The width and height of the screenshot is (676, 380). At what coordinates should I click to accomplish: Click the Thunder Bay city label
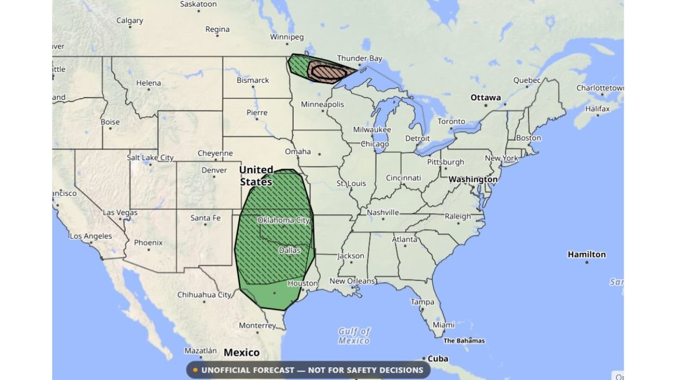[x=359, y=58]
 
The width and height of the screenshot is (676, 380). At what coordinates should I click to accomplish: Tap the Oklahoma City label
[x=284, y=220]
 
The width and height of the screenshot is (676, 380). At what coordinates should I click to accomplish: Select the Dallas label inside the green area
[x=289, y=250]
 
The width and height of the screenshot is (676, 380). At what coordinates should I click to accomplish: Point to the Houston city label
[x=303, y=283]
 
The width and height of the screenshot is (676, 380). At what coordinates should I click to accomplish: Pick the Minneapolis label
[x=322, y=104]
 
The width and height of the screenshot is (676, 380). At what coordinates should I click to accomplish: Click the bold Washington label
[x=473, y=179]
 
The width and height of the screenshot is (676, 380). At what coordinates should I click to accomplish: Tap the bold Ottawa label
[x=485, y=98]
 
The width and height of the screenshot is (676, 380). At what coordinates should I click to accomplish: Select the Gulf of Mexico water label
[x=354, y=336]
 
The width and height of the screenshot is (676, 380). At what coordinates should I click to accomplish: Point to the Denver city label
[x=214, y=170]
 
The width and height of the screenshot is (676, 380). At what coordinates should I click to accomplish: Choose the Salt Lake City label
[x=150, y=157]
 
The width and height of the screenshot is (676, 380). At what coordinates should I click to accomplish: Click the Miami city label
[x=444, y=325]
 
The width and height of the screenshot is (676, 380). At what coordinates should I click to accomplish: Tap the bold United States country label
[x=256, y=176]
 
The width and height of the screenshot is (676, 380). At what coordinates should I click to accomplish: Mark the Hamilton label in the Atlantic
[x=586, y=254]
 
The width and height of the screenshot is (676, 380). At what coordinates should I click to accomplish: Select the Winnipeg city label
[x=287, y=37]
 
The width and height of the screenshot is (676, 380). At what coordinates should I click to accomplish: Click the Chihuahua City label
[x=204, y=295]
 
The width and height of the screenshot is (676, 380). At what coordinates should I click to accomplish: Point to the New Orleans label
[x=352, y=281]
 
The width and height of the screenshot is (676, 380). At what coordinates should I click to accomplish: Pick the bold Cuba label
[x=438, y=359]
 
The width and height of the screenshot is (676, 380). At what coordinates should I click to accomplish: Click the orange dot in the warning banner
[x=195, y=370]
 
